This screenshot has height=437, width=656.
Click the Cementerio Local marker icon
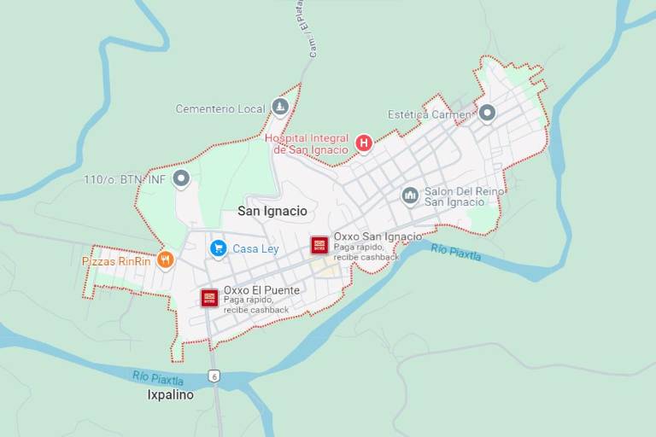click(279, 107)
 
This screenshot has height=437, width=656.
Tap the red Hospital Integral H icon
click(364, 143)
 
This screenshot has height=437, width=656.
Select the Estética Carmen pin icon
click(487, 113)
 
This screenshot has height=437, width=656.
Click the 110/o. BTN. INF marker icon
click(180, 178)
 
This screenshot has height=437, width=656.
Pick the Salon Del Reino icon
click(410, 195)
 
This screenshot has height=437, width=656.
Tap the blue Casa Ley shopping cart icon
click(218, 248)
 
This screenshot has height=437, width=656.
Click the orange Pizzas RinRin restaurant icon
click(165, 259)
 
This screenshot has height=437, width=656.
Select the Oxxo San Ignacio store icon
click(319, 245)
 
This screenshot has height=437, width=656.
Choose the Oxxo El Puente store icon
click(209, 297)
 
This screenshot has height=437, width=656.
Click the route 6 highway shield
click(214, 376)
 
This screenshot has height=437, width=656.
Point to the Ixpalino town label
click(171, 395)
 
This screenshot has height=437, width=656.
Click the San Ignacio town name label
click(272, 210)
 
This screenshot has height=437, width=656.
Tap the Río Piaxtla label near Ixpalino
click(158, 378)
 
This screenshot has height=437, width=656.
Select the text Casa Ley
click(255, 248)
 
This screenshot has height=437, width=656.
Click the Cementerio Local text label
click(221, 108)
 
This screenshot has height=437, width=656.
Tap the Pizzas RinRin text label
click(116, 261)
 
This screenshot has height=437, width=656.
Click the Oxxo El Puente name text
click(261, 290)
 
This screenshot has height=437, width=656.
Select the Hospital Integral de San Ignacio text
click(307, 143)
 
